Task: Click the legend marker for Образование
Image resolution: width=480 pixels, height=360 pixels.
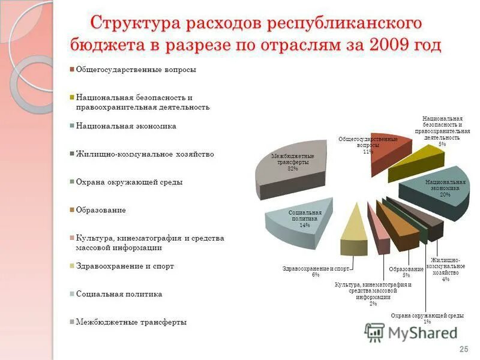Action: point(72,210)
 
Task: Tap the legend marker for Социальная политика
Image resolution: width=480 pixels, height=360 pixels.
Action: point(72,294)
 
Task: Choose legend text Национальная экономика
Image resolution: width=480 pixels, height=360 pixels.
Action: point(125,126)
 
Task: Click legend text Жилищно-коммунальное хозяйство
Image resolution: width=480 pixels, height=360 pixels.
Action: point(144,154)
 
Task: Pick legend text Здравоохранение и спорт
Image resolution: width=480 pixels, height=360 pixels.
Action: point(125,266)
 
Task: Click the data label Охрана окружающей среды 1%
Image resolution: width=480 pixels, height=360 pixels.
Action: point(427,319)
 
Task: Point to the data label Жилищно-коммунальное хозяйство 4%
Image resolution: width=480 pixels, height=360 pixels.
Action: point(445,269)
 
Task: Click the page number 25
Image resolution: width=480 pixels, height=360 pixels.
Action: point(463,349)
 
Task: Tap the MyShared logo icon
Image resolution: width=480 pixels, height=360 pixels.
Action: point(375,332)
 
